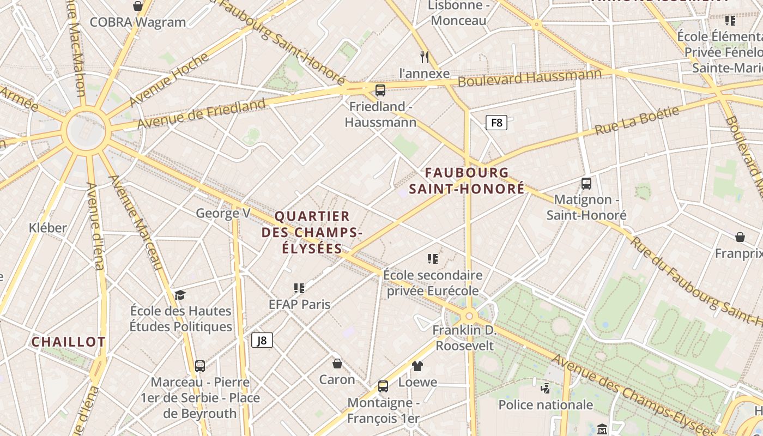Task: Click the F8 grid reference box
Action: coord(496,123)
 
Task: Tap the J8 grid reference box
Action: coord(262,341)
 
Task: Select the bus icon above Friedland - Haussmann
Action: coord(380,90)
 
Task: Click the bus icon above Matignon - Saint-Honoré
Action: coord(586,184)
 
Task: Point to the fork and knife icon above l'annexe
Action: coord(425,57)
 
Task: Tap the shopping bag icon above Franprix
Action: coord(740,237)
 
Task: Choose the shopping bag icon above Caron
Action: coord(337,363)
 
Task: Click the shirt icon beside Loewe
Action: coord(417,366)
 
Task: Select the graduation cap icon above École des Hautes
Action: coord(180,295)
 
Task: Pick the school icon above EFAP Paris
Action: coord(299,288)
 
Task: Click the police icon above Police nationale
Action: coord(546,389)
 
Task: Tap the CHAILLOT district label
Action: coord(68,342)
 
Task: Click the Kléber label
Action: coord(48,228)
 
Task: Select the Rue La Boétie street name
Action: coord(637,120)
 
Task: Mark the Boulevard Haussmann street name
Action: coord(530,78)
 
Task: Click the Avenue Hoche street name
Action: coord(169,79)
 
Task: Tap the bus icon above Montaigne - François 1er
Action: coord(383,386)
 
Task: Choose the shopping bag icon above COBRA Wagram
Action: coord(138,6)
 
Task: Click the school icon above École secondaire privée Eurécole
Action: coord(433,259)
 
